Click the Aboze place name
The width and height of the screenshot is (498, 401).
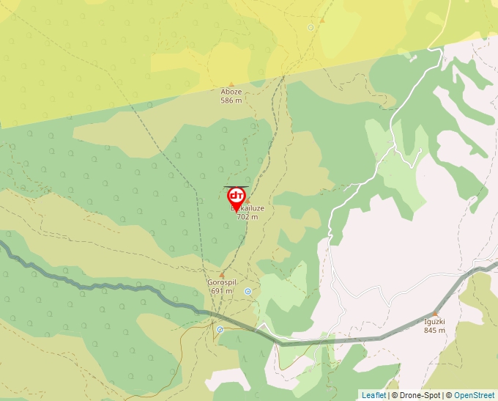[231, 92]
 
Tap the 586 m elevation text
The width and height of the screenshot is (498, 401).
[231, 100]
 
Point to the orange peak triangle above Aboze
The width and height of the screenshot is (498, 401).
[232, 84]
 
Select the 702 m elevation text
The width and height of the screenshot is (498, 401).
[248, 217]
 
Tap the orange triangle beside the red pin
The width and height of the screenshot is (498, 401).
[248, 200]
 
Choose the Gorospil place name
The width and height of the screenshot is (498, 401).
[221, 283]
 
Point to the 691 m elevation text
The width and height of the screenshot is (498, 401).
[221, 291]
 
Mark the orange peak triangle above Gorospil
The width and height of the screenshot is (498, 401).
[221, 275]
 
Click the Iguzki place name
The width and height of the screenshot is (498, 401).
[434, 322]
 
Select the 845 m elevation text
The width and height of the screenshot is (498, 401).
[434, 330]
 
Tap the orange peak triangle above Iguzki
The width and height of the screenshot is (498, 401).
[434, 314]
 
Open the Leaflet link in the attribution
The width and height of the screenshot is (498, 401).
[373, 395]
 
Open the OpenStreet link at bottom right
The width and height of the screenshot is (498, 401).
[474, 395]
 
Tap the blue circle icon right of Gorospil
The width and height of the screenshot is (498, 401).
[248, 291]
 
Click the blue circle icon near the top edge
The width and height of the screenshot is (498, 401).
[311, 27]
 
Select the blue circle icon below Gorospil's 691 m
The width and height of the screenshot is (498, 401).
[220, 330]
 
